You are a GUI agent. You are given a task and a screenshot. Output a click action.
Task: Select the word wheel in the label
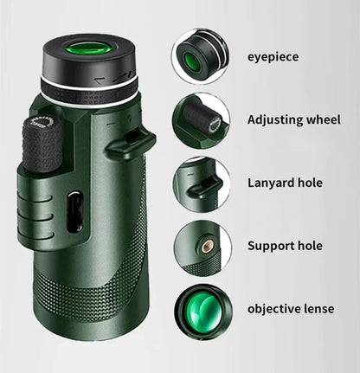pos(309,119)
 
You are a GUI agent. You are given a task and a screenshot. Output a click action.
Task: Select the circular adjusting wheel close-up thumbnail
pos(201,119)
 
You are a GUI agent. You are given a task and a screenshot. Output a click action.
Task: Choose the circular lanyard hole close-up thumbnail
pos(201,183)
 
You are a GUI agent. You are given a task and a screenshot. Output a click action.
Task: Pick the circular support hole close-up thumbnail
pos(201,246)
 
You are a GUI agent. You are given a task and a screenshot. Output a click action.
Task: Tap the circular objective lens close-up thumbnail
pos(201,309)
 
